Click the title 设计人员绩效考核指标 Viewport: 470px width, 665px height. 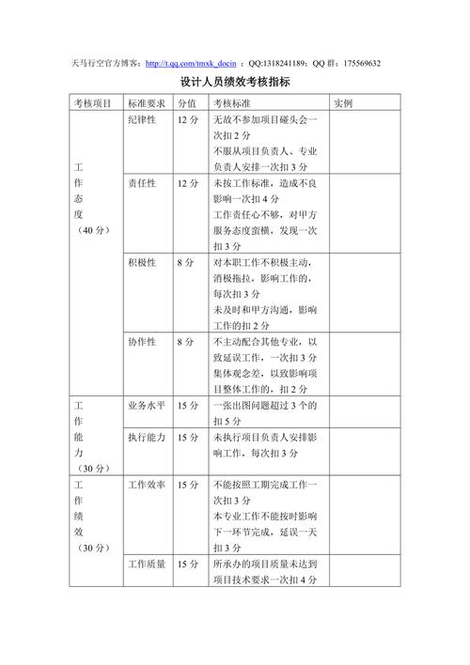(x=235, y=83)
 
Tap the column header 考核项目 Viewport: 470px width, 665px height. (x=94, y=103)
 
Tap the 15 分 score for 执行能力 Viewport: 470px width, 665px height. (x=188, y=438)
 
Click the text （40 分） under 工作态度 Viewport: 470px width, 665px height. (x=94, y=230)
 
